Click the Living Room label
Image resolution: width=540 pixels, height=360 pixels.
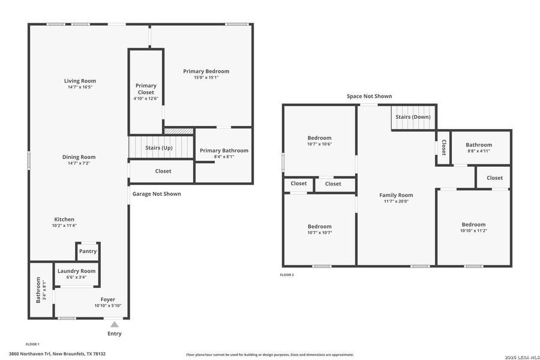80,81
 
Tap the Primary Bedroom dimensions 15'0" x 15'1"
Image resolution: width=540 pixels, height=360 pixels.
206,77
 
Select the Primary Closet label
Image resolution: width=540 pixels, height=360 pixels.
146,89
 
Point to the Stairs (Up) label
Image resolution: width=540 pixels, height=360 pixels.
159,147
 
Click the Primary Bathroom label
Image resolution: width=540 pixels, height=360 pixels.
224,151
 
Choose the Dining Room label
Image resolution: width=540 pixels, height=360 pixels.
79,157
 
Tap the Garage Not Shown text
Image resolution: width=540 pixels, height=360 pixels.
157,194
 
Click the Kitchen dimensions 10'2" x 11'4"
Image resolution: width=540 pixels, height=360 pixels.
64,226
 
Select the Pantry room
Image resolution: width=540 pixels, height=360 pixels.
88,251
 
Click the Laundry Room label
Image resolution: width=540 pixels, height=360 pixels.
76,271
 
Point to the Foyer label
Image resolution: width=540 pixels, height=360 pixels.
108,299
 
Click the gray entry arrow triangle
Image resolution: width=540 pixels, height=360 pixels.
114,325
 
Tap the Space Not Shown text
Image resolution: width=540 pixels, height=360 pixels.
369,96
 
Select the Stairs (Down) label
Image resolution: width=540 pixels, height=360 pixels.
413,116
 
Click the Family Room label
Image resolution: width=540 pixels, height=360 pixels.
396,195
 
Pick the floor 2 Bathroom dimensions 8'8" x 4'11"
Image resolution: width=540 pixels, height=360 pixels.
479,151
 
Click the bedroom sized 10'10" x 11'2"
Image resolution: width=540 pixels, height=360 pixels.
473,227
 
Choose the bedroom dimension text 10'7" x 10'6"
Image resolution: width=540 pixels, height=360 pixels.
319,144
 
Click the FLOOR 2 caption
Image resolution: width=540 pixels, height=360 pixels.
287,275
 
